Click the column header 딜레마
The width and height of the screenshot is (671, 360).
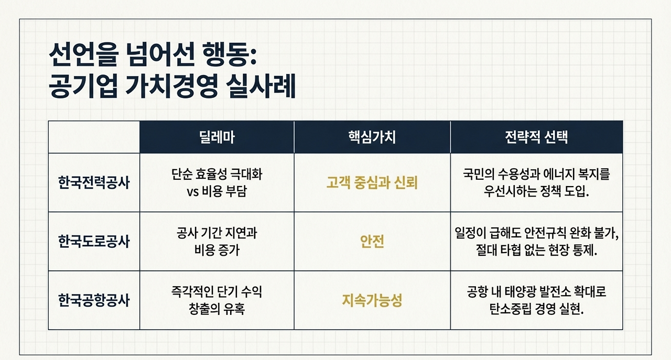tap(217, 137)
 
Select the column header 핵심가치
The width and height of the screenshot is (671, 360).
tap(372, 137)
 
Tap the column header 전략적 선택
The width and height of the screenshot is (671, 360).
tap(536, 137)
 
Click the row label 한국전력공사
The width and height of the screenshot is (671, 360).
tap(94, 183)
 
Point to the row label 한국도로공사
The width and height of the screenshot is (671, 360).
tap(94, 242)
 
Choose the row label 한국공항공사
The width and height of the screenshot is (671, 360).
tap(94, 300)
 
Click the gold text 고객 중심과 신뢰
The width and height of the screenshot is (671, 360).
tap(372, 183)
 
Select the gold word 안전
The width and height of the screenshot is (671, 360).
tap(372, 242)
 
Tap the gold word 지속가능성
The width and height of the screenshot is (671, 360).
tap(372, 300)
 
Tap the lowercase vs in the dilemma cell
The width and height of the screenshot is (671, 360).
tap(192, 192)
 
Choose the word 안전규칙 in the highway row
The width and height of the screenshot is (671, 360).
tap(539, 233)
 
